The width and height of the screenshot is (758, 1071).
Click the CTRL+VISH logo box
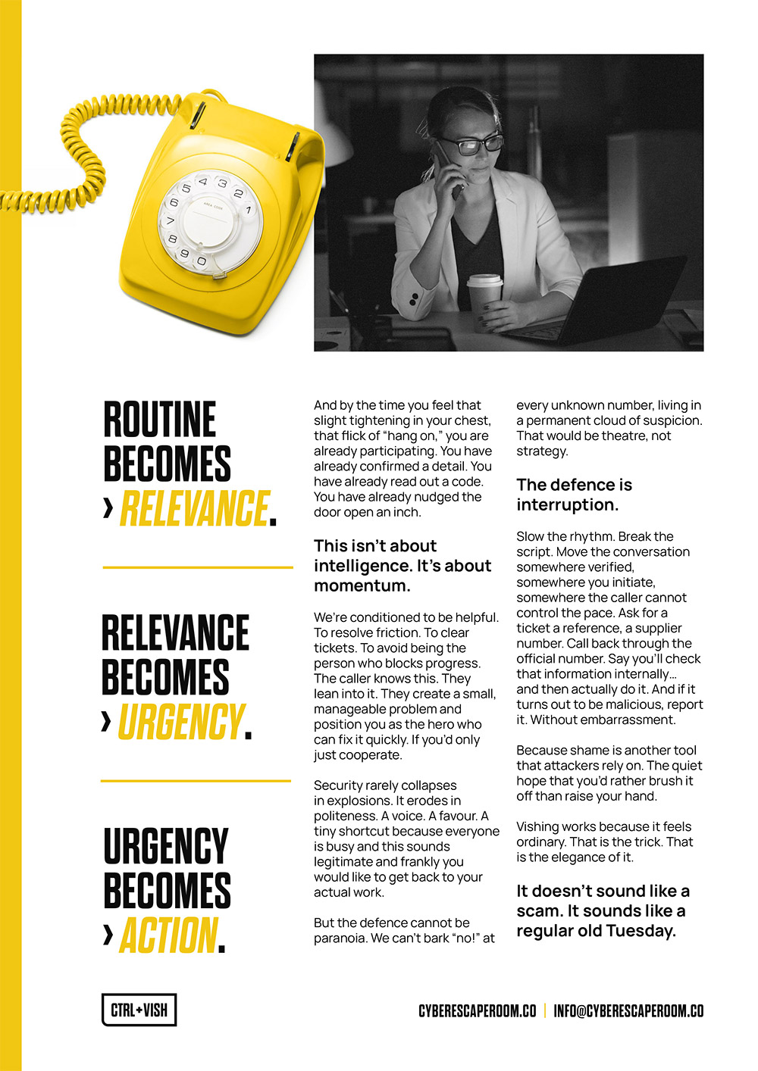click(x=139, y=1010)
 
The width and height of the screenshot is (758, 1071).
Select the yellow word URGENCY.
click(x=181, y=721)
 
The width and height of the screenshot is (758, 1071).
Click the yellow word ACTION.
click(x=168, y=935)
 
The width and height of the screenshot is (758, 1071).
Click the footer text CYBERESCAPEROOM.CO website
click(x=477, y=1011)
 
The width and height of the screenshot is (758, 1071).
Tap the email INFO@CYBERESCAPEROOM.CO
click(x=628, y=1011)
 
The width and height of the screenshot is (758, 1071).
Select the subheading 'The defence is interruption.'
click(x=574, y=495)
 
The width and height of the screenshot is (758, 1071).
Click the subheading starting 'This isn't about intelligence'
click(x=402, y=565)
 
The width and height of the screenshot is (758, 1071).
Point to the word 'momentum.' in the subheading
click(x=362, y=585)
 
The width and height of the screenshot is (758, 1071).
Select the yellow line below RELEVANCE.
click(x=197, y=567)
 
